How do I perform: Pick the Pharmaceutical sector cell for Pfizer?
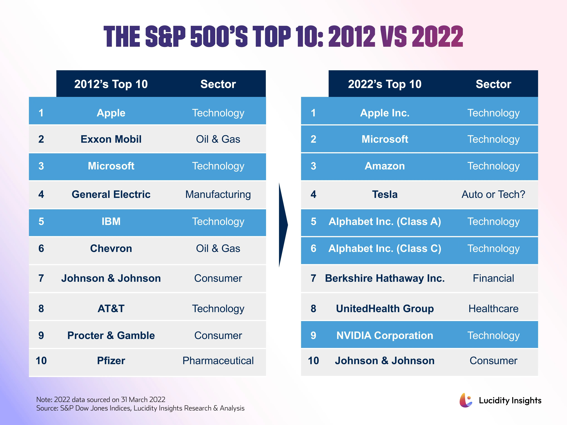pos(218,360)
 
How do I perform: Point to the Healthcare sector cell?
pos(493,308)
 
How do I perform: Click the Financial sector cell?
pos(493,278)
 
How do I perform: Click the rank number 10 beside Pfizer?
pos(41,360)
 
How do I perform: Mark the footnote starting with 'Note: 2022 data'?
pos(101,399)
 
